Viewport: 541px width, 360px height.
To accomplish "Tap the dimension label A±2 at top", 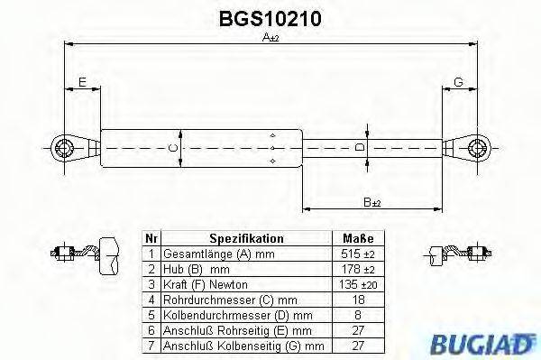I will [270, 38].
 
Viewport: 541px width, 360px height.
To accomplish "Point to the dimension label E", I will [82, 82].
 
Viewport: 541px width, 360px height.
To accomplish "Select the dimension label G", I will [458, 82].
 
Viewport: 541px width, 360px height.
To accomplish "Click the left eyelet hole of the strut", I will [64, 146].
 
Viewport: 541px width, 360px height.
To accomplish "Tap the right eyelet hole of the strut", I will [475, 146].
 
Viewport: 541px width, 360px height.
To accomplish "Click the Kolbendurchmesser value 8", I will [358, 315].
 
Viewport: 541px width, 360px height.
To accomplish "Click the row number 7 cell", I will [151, 346].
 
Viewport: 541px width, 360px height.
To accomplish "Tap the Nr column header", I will [151, 239].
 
